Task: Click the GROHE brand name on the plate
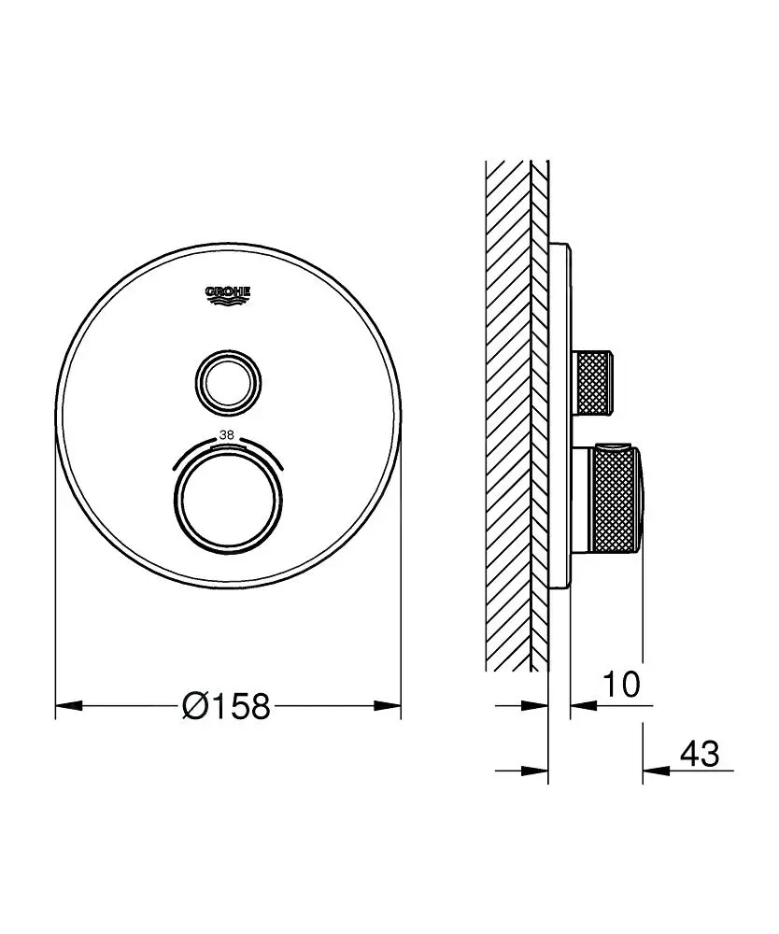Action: click(x=228, y=291)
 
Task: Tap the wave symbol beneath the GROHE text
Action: click(x=228, y=301)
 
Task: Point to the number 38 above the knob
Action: click(x=227, y=435)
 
